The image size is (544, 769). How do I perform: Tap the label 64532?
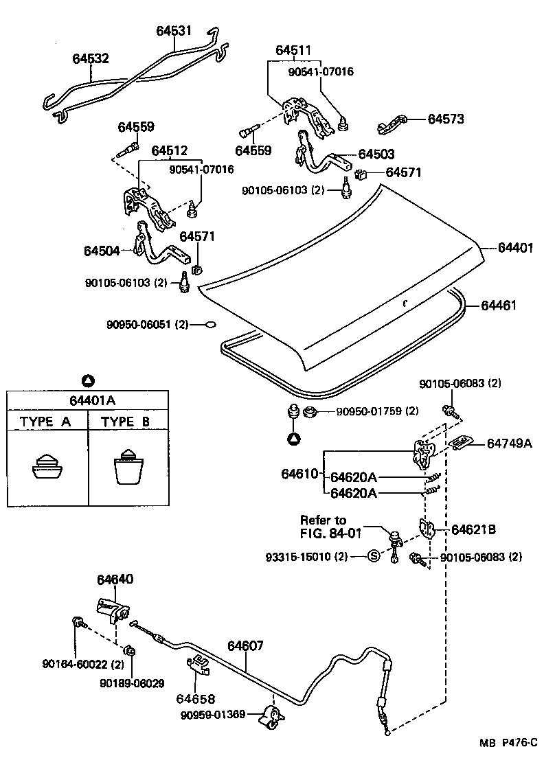pos(91,59)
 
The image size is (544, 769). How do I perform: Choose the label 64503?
pos(376,155)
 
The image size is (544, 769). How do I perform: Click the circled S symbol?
pos(374,556)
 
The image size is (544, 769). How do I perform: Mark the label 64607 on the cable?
pos(245,646)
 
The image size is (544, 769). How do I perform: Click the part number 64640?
pos(115,579)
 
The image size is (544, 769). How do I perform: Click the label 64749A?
pos(510,444)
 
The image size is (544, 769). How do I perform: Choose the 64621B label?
pos(473,529)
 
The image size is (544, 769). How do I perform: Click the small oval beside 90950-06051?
pos(211,324)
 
